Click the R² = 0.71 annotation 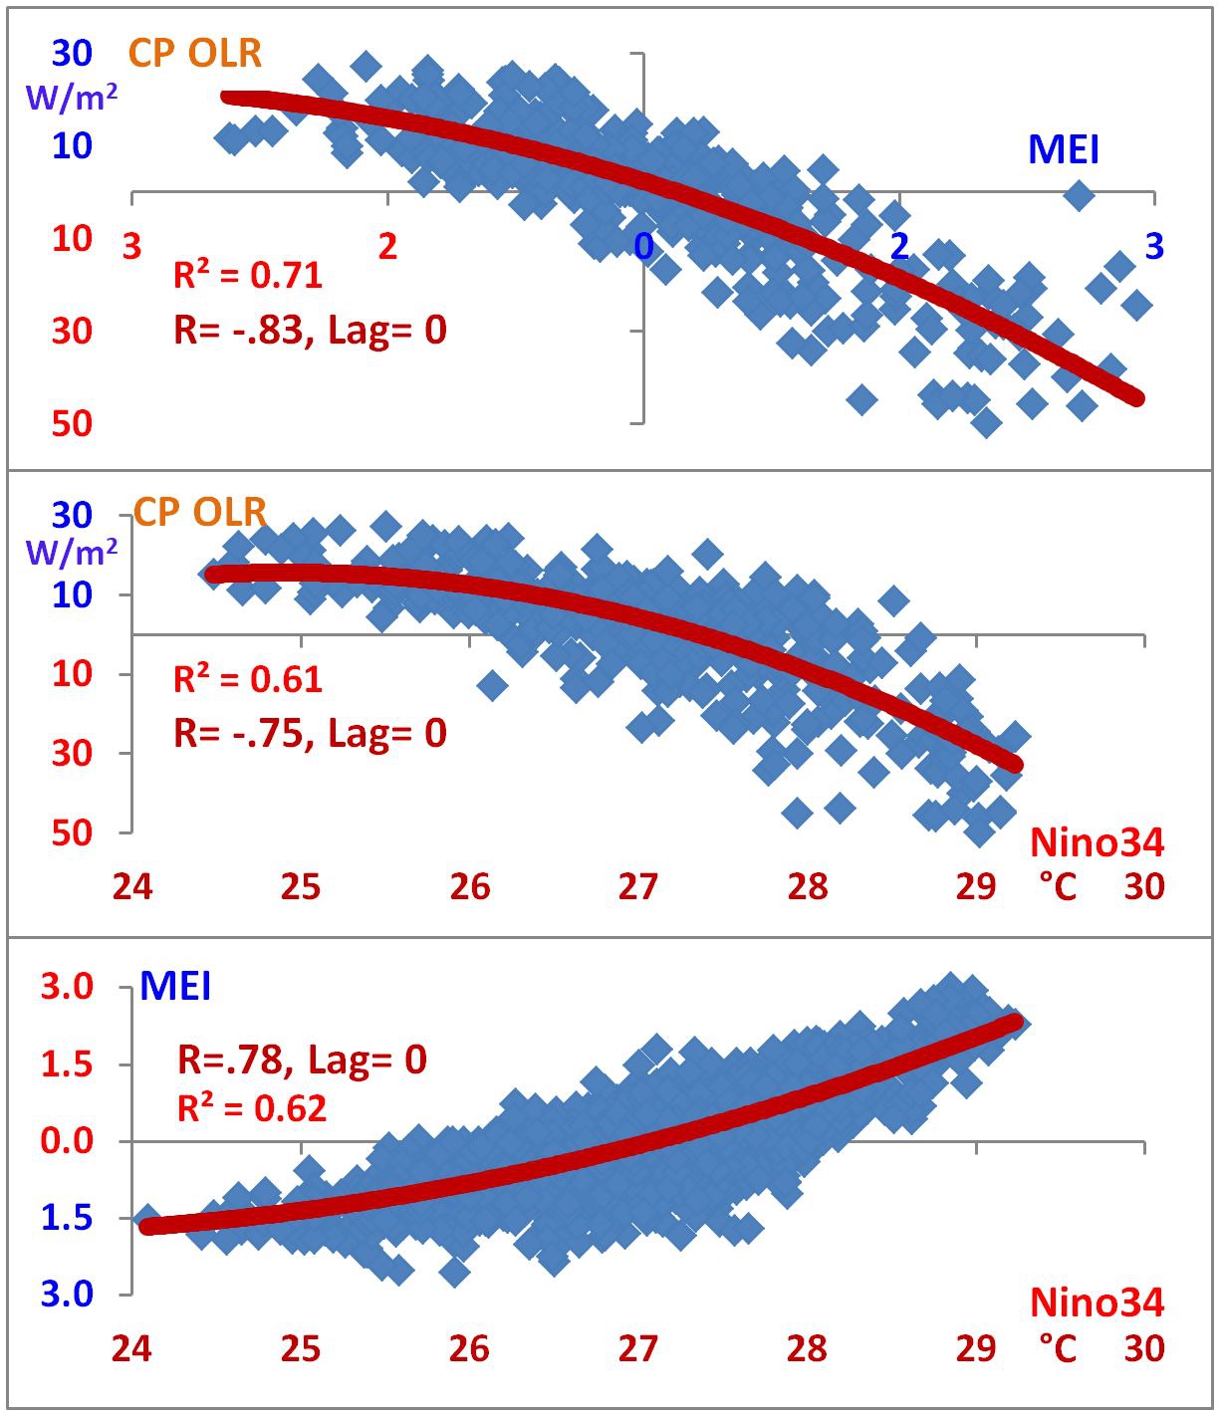pyautogui.click(x=248, y=274)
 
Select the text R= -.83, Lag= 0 pyautogui.click(x=310, y=330)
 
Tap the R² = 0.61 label pyautogui.click(x=248, y=679)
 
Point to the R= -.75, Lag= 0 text pyautogui.click(x=310, y=734)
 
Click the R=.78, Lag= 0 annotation pyautogui.click(x=302, y=1059)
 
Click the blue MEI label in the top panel pyautogui.click(x=1064, y=150)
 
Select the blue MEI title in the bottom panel pyautogui.click(x=175, y=987)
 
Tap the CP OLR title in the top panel pyautogui.click(x=195, y=53)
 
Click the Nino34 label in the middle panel pyautogui.click(x=1097, y=843)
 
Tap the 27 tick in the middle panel pyautogui.click(x=637, y=886)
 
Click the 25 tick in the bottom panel pyautogui.click(x=301, y=1349)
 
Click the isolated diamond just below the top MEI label pyautogui.click(x=1079, y=195)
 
